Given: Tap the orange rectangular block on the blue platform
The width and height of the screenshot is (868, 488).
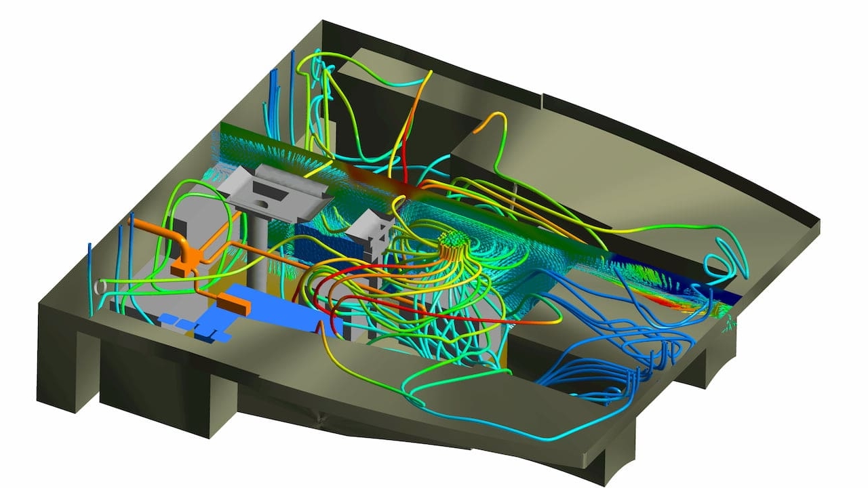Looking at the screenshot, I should [x=234, y=305].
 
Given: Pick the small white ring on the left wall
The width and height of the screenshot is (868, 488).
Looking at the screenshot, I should [x=102, y=287].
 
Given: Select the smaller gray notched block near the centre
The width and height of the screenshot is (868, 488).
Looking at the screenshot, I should [x=370, y=227].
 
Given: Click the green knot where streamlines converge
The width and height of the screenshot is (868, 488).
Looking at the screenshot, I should [x=451, y=240].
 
